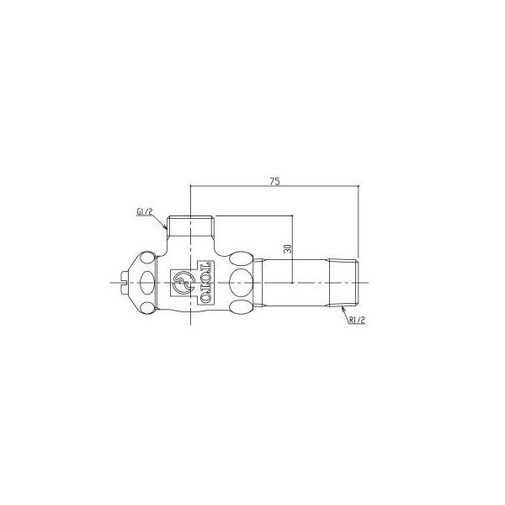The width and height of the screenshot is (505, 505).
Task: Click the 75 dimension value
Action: [274, 181]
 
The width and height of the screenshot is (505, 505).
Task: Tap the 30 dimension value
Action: [288, 248]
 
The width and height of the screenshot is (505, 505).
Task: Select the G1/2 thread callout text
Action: [144, 212]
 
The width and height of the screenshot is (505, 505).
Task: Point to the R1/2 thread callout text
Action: [357, 320]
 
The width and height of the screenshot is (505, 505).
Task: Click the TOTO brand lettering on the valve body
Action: [205, 283]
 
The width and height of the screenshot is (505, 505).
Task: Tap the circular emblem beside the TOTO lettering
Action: [183, 283]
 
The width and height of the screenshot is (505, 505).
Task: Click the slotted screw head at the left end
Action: [124, 283]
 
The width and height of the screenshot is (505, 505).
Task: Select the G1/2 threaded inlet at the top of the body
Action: [191, 226]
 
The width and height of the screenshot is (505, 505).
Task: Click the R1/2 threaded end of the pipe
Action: [343, 283]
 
